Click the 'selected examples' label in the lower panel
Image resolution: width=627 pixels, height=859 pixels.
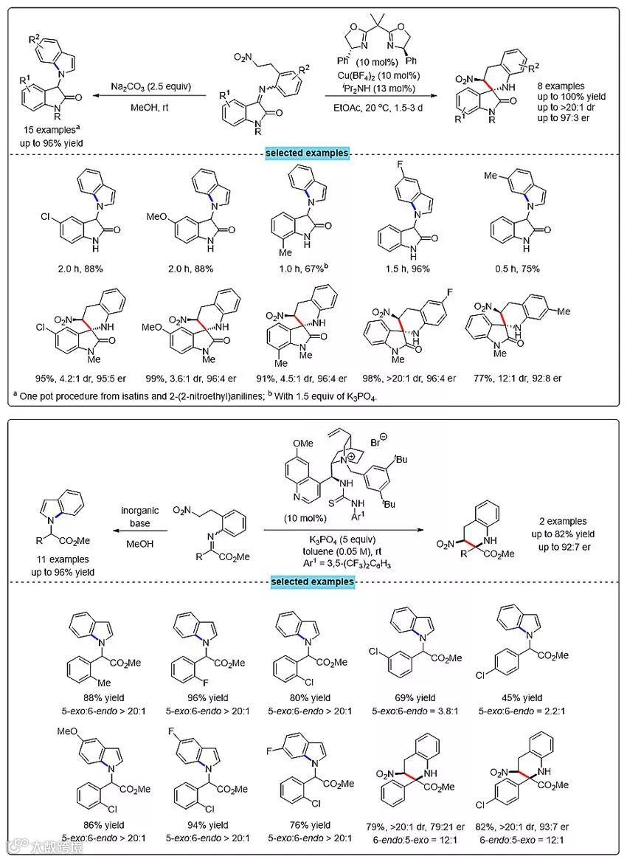point(313,582)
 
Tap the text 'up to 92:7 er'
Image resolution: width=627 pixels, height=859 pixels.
point(564,545)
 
